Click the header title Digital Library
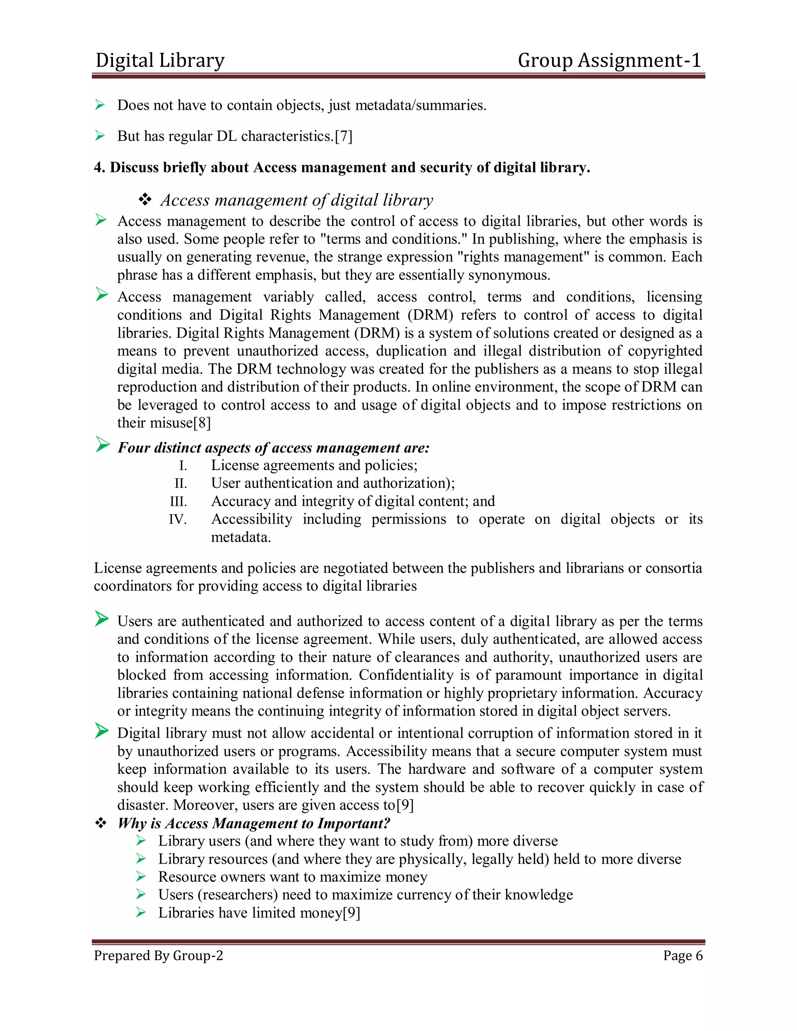coord(160,60)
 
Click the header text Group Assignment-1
coord(609,60)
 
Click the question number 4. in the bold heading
coord(99,168)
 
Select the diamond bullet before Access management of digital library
coord(145,199)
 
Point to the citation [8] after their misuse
coord(202,423)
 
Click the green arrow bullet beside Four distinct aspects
coord(102,445)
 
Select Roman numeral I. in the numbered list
coord(183,466)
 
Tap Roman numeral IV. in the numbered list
coord(177,520)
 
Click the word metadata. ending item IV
coord(241,537)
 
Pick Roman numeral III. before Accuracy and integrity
coord(179,502)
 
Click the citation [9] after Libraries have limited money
coord(351,913)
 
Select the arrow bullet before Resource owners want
coord(141,877)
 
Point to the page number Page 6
coord(683,956)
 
